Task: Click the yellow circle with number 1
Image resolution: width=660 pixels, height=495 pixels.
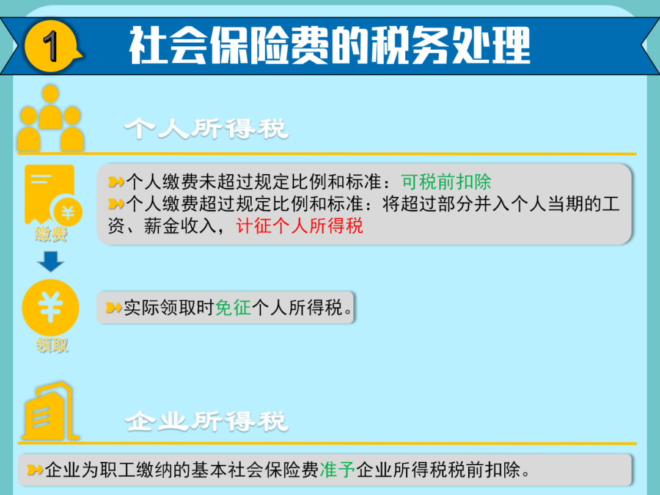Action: click(x=51, y=46)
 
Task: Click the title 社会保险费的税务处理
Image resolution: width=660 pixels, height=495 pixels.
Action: click(x=329, y=45)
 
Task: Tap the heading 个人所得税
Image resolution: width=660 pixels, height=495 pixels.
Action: click(x=207, y=128)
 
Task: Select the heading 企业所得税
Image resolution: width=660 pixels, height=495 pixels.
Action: click(x=207, y=421)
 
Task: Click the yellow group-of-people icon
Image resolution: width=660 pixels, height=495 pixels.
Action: click(x=51, y=118)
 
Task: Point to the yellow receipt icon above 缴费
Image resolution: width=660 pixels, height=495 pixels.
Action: click(x=53, y=194)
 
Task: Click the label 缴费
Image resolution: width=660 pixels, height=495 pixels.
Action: click(x=51, y=234)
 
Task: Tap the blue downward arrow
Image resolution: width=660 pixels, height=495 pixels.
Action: click(x=51, y=262)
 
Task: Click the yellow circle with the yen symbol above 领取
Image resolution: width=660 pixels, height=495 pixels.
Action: click(x=51, y=307)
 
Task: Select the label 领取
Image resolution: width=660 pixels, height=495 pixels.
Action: click(x=52, y=345)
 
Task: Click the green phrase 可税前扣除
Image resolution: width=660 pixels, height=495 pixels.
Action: click(x=446, y=182)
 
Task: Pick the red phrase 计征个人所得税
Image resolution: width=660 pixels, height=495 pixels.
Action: click(x=299, y=226)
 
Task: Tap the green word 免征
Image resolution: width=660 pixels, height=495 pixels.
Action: click(x=233, y=307)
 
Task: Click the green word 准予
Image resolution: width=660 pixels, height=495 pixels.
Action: click(x=337, y=470)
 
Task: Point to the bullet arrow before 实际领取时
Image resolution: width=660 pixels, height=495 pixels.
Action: click(x=114, y=307)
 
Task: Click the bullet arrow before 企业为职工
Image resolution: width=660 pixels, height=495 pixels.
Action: click(x=35, y=470)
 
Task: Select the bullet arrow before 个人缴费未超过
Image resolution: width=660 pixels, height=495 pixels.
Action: click(x=116, y=182)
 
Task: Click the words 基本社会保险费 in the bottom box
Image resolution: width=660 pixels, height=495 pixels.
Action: click(x=255, y=470)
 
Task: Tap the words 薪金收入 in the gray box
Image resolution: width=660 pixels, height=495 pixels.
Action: click(x=180, y=226)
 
